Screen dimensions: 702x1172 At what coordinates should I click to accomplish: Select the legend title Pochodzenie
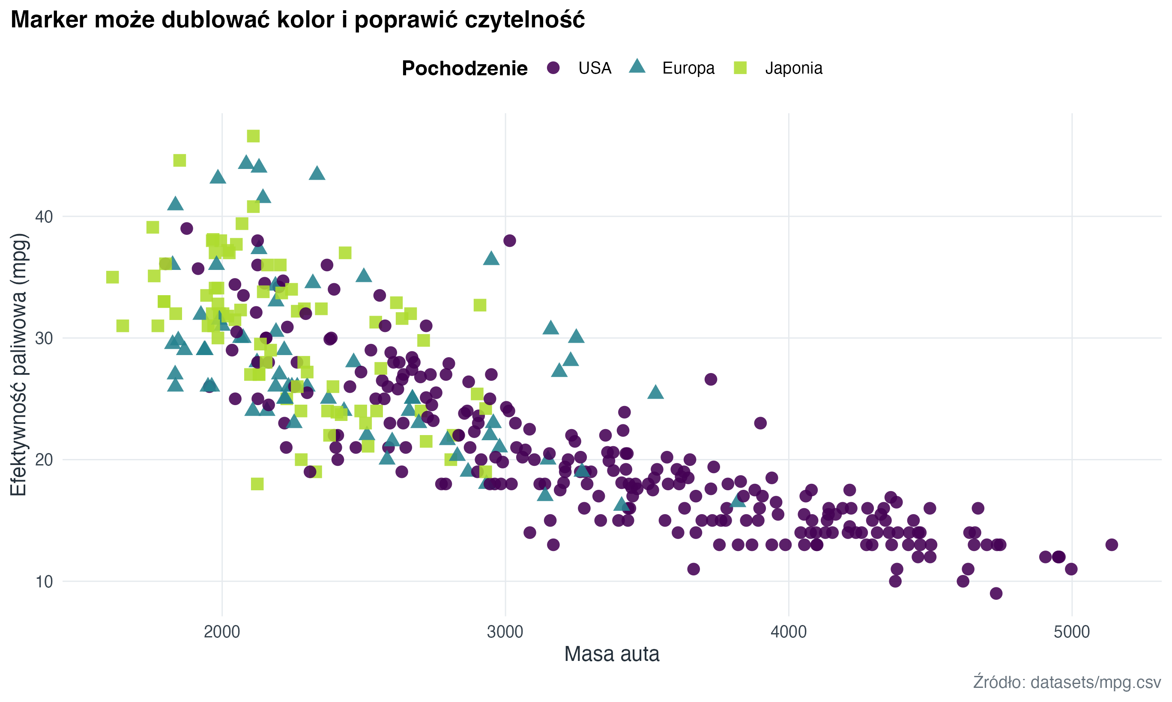click(x=464, y=68)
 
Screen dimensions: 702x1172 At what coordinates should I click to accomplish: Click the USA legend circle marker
click(x=553, y=68)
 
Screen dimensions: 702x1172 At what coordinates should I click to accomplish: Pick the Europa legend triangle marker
click(x=637, y=67)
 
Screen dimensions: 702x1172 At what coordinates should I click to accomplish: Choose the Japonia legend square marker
click(x=740, y=68)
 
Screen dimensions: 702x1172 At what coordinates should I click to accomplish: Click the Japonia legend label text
click(x=794, y=68)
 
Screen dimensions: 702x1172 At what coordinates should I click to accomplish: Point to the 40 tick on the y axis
click(x=44, y=216)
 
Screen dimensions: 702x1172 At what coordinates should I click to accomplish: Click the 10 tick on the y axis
click(x=44, y=581)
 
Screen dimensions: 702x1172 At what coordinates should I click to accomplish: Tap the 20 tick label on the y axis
click(x=44, y=460)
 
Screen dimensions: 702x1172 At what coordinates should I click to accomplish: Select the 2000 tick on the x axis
click(x=222, y=632)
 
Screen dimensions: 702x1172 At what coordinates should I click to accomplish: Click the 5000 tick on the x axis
click(x=1072, y=632)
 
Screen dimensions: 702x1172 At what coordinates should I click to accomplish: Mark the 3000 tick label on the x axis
click(x=505, y=632)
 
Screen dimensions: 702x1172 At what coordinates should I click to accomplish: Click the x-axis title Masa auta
click(x=611, y=654)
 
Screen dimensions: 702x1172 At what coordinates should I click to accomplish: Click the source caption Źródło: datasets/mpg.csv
click(x=1067, y=682)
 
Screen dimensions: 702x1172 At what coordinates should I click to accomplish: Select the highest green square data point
click(x=253, y=136)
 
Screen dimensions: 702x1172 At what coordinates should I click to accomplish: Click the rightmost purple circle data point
click(x=1112, y=545)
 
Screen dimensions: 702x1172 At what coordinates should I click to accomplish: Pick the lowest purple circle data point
click(x=996, y=593)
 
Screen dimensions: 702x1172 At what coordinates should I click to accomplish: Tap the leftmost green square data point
click(x=112, y=277)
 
